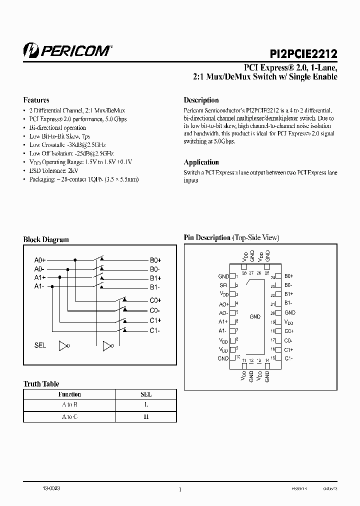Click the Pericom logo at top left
[67, 50]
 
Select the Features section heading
[36, 100]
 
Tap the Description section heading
[201, 100]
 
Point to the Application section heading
[201, 162]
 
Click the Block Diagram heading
[46, 239]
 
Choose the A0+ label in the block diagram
[40, 260]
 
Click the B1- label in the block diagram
[155, 286]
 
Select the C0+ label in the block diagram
[155, 300]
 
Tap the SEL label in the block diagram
[40, 345]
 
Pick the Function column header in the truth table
[69, 394]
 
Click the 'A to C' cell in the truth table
[69, 416]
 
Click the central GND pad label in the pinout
[255, 316]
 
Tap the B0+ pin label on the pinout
[288, 276]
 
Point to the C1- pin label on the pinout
[288, 358]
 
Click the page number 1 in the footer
[179, 490]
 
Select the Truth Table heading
[41, 384]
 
